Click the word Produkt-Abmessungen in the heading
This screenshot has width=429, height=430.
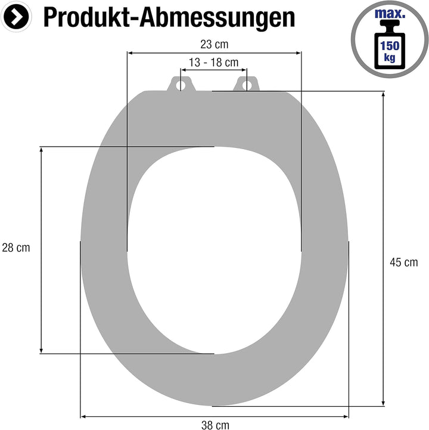pos(169,18)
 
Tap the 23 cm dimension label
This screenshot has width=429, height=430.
pos(214,44)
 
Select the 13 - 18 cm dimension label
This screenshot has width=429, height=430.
pos(214,62)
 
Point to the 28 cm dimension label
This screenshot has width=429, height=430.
pos(16,248)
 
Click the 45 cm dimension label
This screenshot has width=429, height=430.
pos(403,262)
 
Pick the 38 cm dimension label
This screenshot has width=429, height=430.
pos(214,425)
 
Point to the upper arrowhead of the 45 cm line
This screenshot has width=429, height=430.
pos(383,95)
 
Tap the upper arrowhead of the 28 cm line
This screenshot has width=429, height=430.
pos(41,150)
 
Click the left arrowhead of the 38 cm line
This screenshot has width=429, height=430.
pos(83,416)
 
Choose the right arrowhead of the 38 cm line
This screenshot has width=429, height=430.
pos(346,416)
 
